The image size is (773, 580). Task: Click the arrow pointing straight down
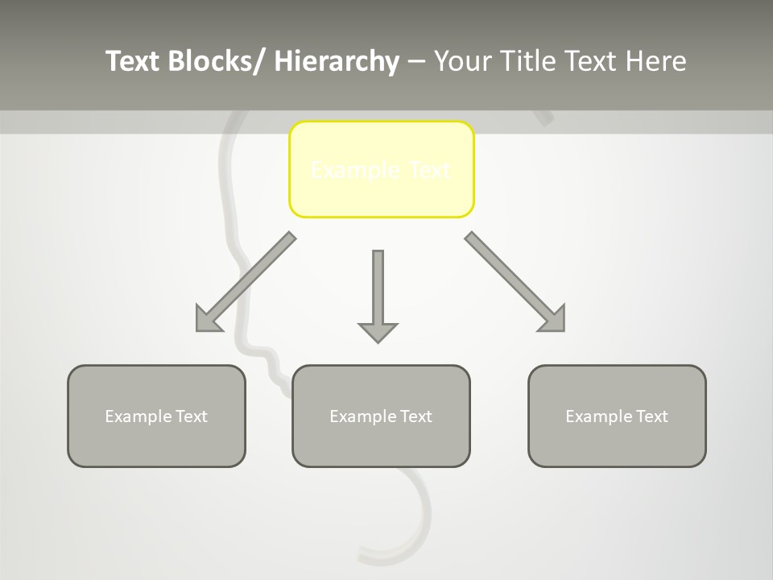tap(378, 290)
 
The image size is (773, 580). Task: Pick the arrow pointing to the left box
tap(246, 282)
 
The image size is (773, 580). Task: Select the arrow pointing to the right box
tap(515, 282)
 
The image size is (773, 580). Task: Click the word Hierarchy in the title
tap(337, 61)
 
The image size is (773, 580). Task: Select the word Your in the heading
tap(462, 61)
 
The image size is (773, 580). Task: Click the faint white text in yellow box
tap(381, 170)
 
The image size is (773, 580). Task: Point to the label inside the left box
tap(156, 416)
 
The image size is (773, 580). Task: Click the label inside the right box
tap(617, 416)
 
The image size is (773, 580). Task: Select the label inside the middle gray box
tap(381, 416)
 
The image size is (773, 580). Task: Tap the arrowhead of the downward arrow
tap(378, 332)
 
